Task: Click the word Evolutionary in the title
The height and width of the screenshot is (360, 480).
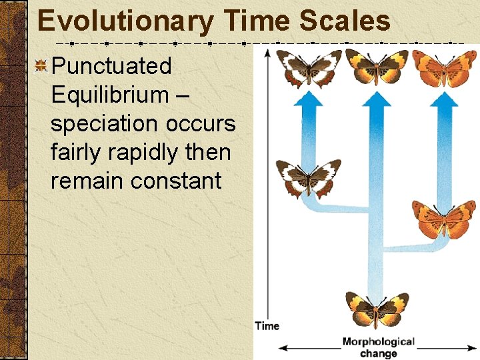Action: click(x=125, y=21)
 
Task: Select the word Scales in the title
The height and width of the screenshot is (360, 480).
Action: click(x=345, y=21)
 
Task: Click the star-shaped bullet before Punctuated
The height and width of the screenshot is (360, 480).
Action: click(x=41, y=65)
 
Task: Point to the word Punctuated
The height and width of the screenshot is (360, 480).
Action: click(x=111, y=66)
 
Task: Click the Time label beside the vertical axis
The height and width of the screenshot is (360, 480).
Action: click(x=267, y=326)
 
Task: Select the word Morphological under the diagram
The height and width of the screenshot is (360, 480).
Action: click(x=378, y=341)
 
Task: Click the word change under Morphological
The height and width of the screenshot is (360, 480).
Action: click(x=378, y=353)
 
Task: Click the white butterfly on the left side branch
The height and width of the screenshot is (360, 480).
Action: click(x=308, y=178)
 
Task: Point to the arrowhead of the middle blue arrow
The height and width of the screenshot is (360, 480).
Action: click(x=377, y=99)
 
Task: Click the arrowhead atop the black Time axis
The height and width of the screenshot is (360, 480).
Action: click(x=267, y=52)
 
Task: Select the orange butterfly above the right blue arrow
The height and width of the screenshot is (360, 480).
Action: click(x=444, y=67)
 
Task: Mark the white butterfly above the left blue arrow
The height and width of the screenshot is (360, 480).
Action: click(x=309, y=67)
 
